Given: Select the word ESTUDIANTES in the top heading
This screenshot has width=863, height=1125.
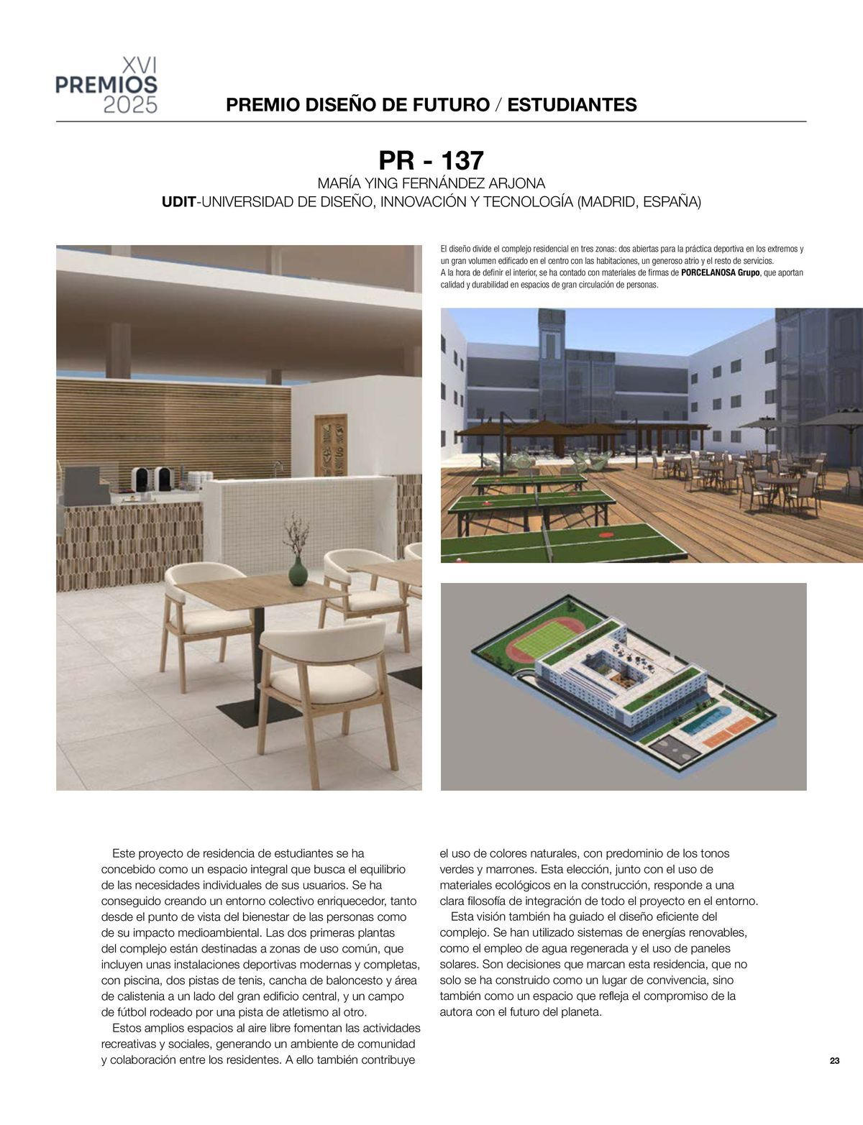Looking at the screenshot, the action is (x=572, y=105).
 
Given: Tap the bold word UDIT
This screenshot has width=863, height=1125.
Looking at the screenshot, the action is (x=178, y=202).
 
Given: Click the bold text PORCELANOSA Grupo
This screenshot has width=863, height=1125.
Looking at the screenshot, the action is (x=720, y=274).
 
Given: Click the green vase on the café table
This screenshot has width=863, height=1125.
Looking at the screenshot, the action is (x=297, y=572).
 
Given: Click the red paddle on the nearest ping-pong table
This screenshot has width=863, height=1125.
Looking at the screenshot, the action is (x=603, y=536).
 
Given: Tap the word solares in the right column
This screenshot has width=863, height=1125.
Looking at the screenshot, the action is (x=457, y=965).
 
